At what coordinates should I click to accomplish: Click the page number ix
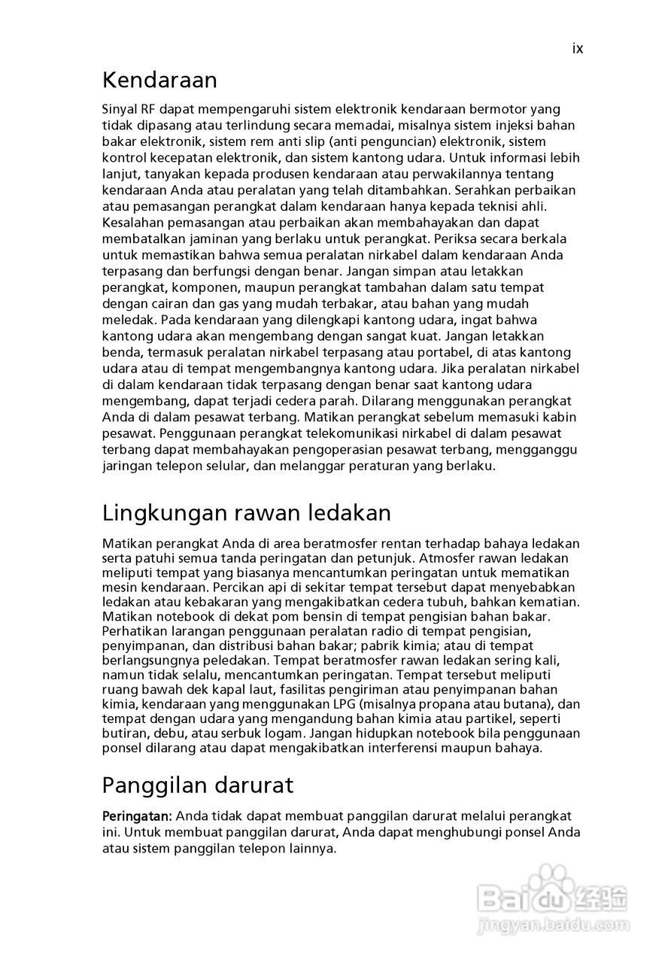pyautogui.click(x=577, y=49)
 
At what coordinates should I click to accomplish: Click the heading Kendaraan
pyautogui.click(x=159, y=80)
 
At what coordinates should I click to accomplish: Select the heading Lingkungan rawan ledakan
pyautogui.click(x=246, y=513)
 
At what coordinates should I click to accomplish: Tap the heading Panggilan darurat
pyautogui.click(x=197, y=785)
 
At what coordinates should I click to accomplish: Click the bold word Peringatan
pyautogui.click(x=137, y=816)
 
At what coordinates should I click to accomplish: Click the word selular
pyautogui.click(x=228, y=466)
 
